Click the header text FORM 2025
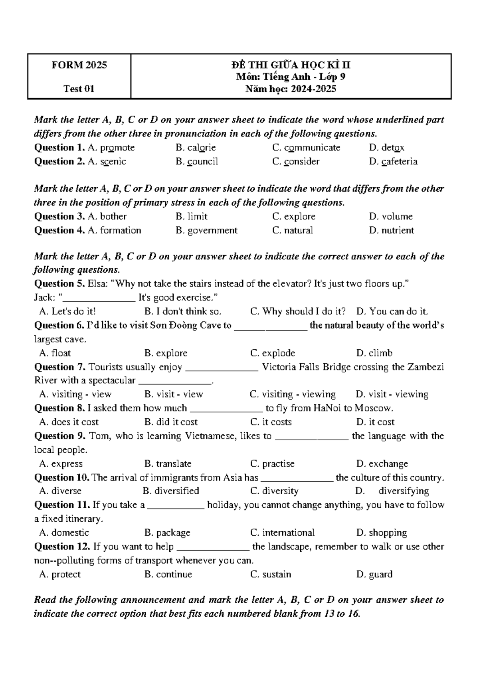pyautogui.click(x=79, y=65)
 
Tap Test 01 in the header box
pyautogui.click(x=79, y=89)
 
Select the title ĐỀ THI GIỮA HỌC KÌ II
pyautogui.click(x=291, y=65)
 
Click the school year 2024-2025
pyautogui.click(x=313, y=89)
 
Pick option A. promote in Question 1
pyautogui.click(x=111, y=148)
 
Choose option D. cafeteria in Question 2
pyautogui.click(x=393, y=162)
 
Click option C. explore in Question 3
pyautogui.click(x=293, y=216)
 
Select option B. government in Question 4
pyautogui.click(x=206, y=230)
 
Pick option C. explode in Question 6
pyautogui.click(x=273, y=353)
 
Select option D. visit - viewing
pyautogui.click(x=392, y=394)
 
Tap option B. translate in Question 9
pyautogui.click(x=168, y=464)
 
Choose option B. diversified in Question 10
pyautogui.click(x=170, y=491)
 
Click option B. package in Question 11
pyautogui.click(x=167, y=533)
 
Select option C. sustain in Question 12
pyautogui.click(x=270, y=574)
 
